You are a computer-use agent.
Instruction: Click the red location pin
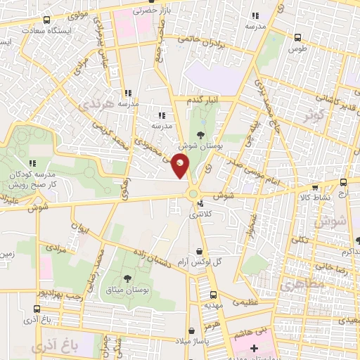tap(181, 166)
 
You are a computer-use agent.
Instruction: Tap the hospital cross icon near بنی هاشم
tap(254, 348)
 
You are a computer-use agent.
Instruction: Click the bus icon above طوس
tap(297, 37)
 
